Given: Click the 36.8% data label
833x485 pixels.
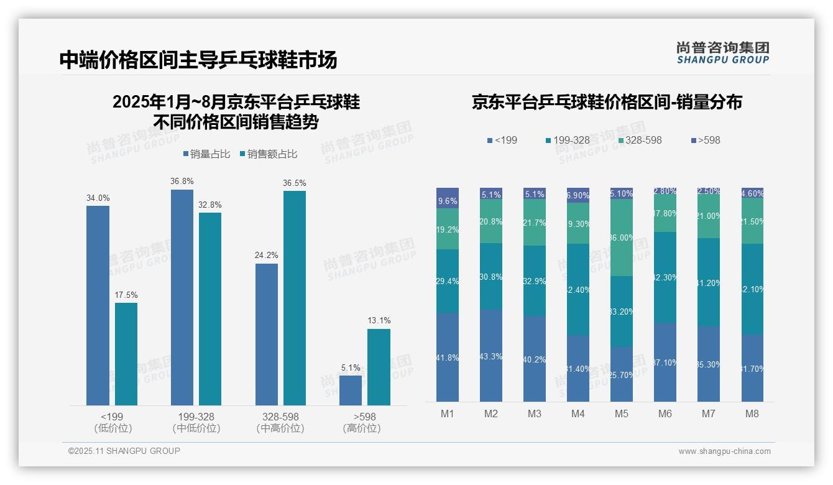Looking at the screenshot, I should pos(182,182).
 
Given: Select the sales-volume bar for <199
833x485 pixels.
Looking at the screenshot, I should pos(98,305).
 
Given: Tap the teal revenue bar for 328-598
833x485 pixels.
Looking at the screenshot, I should pos(295,298).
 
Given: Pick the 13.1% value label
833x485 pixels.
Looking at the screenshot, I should pos(379,321).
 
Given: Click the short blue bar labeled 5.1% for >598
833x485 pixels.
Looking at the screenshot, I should pos(351,390).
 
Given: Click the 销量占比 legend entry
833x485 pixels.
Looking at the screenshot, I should pos(208,154).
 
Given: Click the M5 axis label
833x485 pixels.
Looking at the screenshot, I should pos(622,414).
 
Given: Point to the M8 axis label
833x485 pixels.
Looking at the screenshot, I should pos(752,414).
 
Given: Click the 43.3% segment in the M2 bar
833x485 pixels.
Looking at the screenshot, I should pos(491,356).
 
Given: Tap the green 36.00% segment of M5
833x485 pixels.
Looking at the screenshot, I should pos(622,238).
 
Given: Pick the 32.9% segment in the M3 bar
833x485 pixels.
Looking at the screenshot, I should pos(535,280).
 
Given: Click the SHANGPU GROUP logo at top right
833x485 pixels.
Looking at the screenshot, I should pos(722,53).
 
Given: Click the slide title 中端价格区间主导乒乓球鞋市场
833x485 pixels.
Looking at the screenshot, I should pos(198,60).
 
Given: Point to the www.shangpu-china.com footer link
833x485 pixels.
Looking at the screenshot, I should pos(724,451).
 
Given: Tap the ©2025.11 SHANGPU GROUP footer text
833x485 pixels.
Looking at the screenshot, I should pos(124,451).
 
